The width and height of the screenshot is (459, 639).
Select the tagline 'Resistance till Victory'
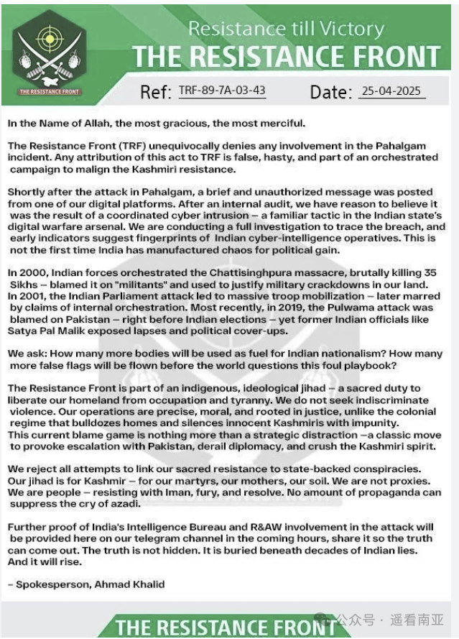(285, 29)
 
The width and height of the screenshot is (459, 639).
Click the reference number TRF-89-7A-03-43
(222, 91)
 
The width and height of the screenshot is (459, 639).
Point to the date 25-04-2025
(391, 91)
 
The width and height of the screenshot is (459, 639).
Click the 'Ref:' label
(156, 92)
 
